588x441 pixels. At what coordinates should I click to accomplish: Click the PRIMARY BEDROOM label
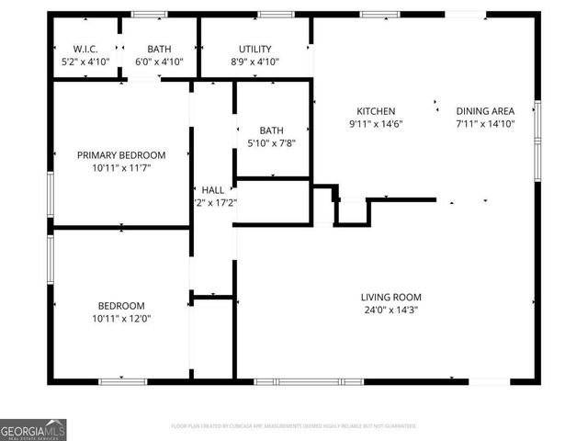point(121,155)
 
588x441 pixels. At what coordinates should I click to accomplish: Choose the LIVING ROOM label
point(391,297)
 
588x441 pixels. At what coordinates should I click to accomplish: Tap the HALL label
point(213,190)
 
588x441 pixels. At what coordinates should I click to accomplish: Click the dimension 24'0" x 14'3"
point(391,310)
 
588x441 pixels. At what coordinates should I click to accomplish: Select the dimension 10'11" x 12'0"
point(121,319)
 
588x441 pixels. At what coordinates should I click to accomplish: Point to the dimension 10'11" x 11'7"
point(121,168)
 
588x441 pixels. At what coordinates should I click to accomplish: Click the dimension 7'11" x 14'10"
point(485,123)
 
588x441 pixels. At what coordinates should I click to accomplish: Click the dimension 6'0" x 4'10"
point(160,62)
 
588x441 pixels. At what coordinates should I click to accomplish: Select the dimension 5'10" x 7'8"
point(272,143)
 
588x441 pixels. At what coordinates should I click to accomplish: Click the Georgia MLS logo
point(33,429)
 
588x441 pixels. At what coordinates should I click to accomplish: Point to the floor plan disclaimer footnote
point(294,426)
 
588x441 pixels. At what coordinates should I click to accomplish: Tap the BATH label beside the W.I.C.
point(160,49)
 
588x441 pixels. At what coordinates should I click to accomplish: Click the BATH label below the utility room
point(272,130)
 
